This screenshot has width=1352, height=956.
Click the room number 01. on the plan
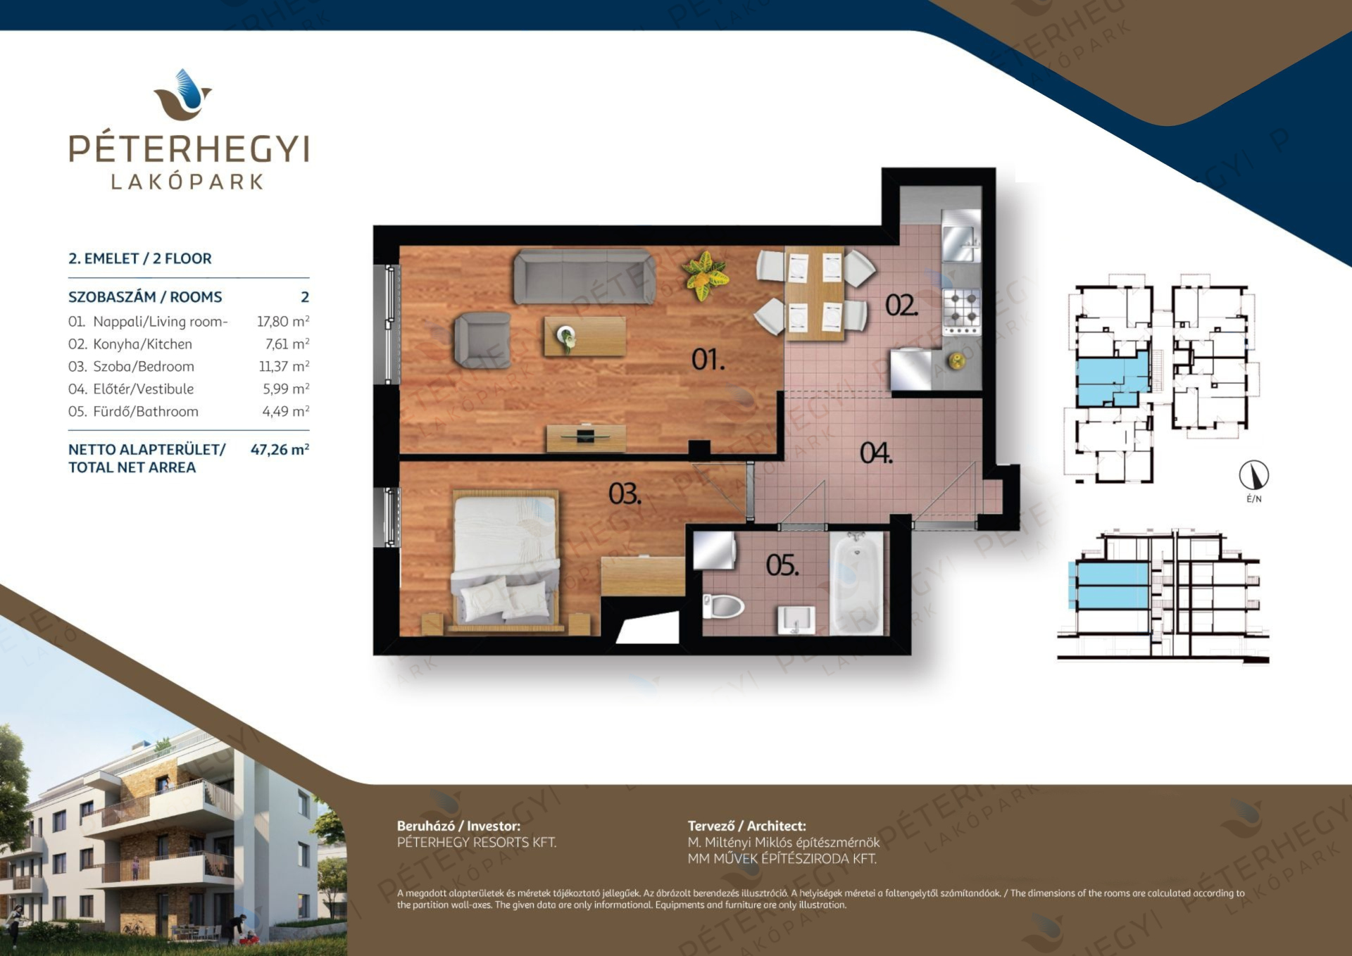click(x=708, y=360)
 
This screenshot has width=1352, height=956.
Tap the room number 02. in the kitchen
click(x=902, y=306)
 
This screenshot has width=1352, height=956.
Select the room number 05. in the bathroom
click(x=782, y=565)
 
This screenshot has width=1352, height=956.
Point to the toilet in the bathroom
click(x=723, y=606)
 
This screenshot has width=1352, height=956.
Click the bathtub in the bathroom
click(x=856, y=584)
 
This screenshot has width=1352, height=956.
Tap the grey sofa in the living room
click(x=584, y=277)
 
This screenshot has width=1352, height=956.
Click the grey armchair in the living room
click(x=482, y=341)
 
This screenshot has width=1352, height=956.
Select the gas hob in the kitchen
click(x=962, y=310)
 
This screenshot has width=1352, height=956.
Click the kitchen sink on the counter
click(x=961, y=244)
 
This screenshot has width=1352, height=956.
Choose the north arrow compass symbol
click(x=1253, y=475)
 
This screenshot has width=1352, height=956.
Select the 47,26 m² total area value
click(x=280, y=449)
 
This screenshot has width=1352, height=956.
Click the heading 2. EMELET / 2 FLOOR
click(x=140, y=258)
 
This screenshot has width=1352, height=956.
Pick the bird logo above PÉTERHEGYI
click(x=183, y=94)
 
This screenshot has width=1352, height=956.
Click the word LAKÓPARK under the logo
click(x=187, y=182)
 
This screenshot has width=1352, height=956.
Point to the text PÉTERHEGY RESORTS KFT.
click(x=477, y=842)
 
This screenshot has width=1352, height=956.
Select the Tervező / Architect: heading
click(x=747, y=826)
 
